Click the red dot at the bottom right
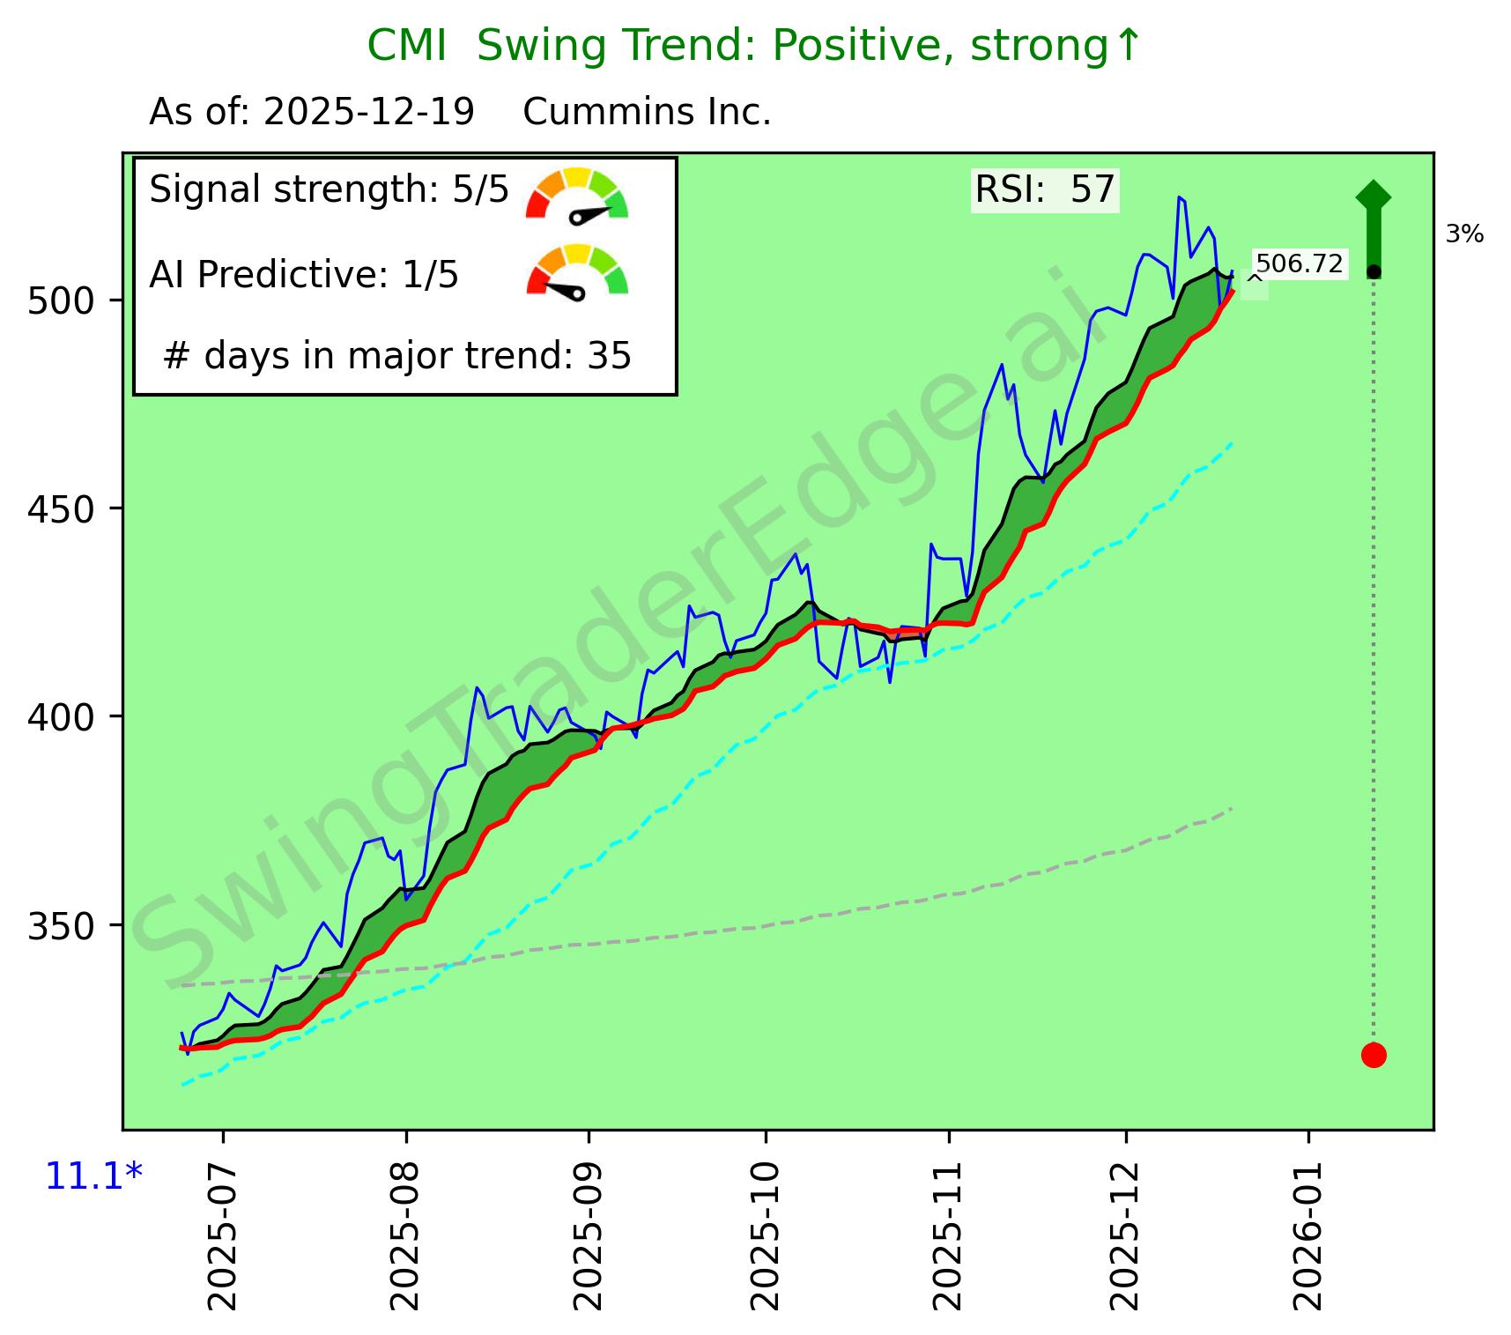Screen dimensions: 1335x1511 (x=1373, y=1055)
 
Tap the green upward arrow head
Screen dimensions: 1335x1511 (x=1373, y=197)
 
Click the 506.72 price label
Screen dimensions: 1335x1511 (x=1299, y=264)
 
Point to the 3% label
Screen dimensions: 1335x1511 (x=1464, y=234)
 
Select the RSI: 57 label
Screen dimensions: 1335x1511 (x=1045, y=190)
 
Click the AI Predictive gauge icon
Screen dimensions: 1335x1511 (x=577, y=271)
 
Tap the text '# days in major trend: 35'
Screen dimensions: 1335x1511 (x=397, y=357)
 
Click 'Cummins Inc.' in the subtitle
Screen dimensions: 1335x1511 (x=647, y=113)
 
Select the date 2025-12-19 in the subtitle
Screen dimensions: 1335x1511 (x=369, y=113)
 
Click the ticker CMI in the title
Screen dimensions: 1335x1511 (x=406, y=46)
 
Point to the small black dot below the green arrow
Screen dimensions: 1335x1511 (x=1373, y=271)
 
